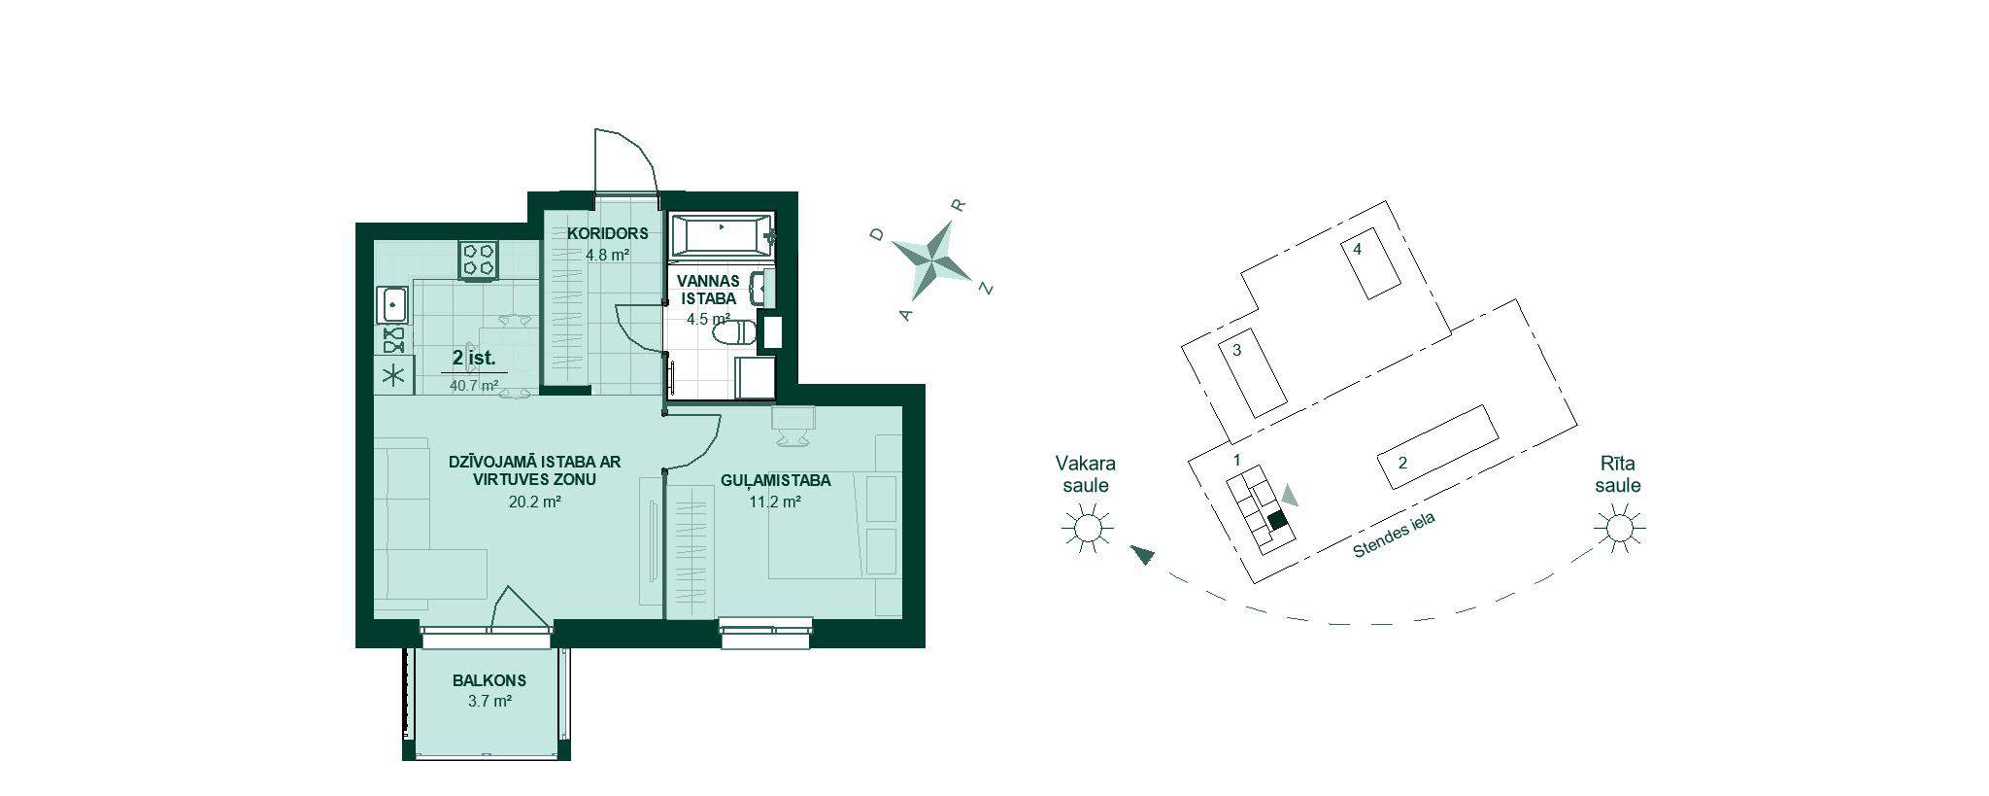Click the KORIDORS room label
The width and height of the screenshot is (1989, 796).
point(608,234)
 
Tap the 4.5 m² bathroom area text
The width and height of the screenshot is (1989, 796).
point(708,319)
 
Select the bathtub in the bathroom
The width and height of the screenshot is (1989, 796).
point(724,235)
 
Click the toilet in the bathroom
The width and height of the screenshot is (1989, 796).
point(734,333)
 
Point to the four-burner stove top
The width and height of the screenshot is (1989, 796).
point(480,260)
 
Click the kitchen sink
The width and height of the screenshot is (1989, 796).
point(393,305)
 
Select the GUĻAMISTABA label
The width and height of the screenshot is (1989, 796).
point(776,480)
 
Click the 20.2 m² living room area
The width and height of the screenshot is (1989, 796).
point(535,502)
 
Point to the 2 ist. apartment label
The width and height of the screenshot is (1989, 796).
point(474,358)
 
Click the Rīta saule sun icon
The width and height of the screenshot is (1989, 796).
point(1618,529)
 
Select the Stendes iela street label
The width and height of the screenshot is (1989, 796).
point(1395,536)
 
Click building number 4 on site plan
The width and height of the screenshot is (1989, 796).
point(1358,250)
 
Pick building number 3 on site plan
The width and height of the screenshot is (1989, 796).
point(1237,351)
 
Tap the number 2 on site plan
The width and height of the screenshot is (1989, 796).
point(1402,463)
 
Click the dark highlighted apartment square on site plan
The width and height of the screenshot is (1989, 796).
point(1278,520)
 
